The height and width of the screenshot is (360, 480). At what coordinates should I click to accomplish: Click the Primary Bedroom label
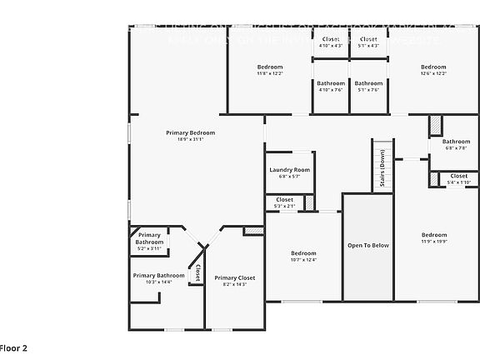190,132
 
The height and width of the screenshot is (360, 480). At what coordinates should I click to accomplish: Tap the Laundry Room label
289,170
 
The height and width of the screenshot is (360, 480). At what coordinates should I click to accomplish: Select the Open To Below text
367,245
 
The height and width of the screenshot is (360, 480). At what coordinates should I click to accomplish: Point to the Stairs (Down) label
382,167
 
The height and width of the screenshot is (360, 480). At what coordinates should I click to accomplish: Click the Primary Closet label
234,277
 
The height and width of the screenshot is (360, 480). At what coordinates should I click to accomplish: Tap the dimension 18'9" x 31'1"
190,139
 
